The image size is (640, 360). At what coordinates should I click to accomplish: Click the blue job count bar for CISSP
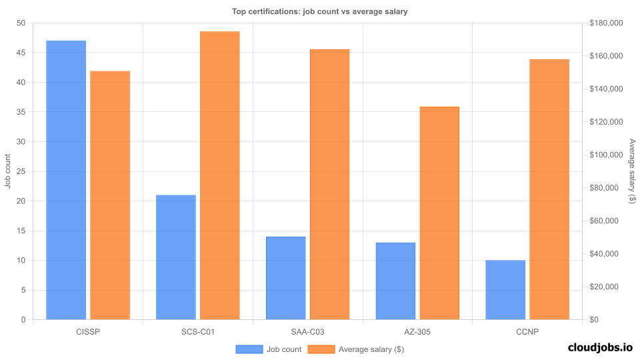click(66, 180)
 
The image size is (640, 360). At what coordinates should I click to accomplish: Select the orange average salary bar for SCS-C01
click(219, 175)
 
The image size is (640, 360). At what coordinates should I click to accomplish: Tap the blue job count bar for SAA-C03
click(285, 278)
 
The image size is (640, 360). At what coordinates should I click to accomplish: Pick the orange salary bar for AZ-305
click(439, 213)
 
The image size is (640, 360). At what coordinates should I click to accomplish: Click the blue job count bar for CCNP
click(505, 290)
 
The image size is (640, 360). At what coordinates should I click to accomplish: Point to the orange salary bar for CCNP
click(549, 189)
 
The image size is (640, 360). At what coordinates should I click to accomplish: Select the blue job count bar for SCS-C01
click(176, 257)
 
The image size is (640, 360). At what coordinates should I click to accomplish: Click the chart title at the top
click(319, 11)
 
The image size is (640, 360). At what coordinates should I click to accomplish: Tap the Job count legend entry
click(269, 349)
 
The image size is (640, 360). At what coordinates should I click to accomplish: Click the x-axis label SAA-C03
click(308, 331)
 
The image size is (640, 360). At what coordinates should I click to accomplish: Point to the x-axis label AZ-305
click(417, 331)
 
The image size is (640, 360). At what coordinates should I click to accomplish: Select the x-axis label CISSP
click(88, 331)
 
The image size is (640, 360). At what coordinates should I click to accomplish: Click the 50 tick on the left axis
click(21, 23)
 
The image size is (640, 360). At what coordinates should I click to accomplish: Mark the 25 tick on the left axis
click(21, 171)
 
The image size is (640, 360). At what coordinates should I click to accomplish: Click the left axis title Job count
click(8, 171)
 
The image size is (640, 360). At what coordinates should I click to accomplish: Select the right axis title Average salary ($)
click(632, 171)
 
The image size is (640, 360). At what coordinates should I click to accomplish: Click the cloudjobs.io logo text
click(599, 347)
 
